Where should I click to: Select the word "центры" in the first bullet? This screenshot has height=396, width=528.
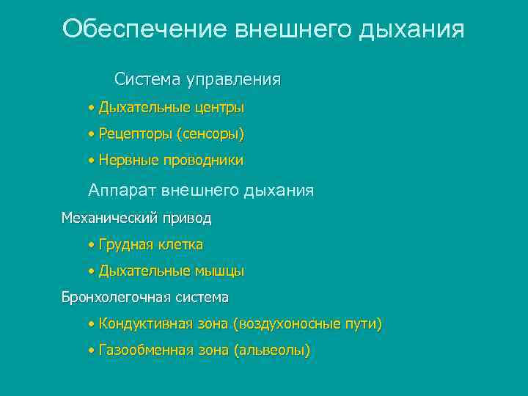click(x=219, y=108)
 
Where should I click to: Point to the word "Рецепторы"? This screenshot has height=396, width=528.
click(x=135, y=134)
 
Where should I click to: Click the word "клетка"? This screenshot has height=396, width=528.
click(x=180, y=244)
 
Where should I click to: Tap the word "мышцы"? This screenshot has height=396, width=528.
click(x=219, y=271)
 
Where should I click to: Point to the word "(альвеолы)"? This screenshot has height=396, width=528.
click(x=272, y=351)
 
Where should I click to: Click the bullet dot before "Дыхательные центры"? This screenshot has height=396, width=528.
click(x=90, y=109)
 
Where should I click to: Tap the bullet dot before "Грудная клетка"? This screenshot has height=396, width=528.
click(x=90, y=245)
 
